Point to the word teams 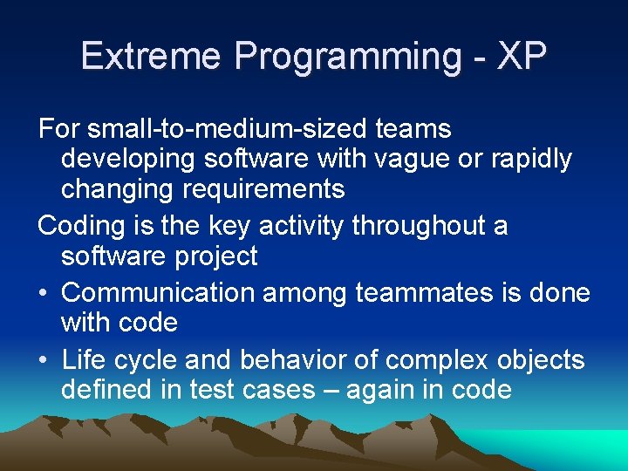pyautogui.click(x=413, y=130)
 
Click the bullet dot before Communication pyautogui.click(x=45, y=294)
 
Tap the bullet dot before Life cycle pyautogui.click(x=45, y=359)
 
